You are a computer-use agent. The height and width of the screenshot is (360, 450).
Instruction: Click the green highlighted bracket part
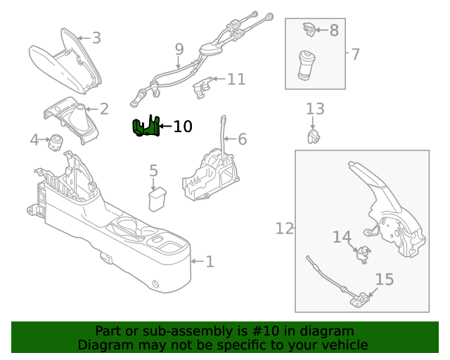[x=146, y=127]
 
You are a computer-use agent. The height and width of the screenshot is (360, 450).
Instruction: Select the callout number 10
[x=182, y=127]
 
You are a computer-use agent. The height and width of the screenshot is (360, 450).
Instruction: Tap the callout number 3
[x=96, y=38]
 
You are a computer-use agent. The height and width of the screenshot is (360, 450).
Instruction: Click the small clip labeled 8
[x=309, y=30]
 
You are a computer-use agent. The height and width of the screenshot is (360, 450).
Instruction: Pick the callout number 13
[x=315, y=109]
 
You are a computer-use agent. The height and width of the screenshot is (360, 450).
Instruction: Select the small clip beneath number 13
[x=314, y=135]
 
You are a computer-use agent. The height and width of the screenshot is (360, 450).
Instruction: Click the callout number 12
[x=284, y=229]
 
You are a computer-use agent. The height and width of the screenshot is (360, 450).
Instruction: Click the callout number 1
[x=210, y=262]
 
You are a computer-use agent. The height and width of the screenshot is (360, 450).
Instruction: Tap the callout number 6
[x=242, y=139]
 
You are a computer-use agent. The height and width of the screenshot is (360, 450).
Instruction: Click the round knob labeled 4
[x=56, y=143]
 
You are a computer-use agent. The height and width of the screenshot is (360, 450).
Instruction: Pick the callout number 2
[x=104, y=109]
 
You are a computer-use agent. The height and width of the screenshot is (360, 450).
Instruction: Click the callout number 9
[x=179, y=49]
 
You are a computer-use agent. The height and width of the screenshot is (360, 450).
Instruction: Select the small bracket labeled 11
[x=202, y=86]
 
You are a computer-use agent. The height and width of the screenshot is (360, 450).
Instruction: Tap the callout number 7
[x=355, y=53]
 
